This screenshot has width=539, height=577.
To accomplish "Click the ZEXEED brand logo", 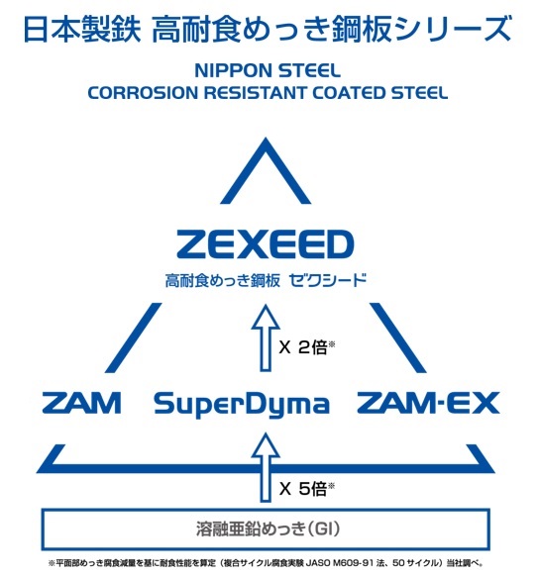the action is (266, 244).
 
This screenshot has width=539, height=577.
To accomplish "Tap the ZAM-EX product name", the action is (428, 403).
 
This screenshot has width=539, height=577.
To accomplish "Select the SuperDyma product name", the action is (242, 405).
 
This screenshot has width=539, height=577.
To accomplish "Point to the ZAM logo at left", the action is (81, 403).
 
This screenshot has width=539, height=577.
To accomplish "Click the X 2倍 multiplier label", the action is (306, 347).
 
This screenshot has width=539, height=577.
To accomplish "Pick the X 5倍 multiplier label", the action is (306, 489).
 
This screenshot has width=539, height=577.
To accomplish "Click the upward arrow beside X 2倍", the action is (266, 337).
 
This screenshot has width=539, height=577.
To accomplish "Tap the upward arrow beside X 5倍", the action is (266, 467).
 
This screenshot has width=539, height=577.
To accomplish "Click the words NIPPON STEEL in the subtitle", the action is (268, 70).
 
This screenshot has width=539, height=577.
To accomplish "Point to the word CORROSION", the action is (143, 93).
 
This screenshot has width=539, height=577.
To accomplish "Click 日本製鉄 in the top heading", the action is (82, 30).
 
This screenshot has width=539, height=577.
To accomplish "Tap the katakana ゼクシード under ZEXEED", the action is (328, 281).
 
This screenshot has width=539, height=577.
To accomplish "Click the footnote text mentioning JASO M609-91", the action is (266, 563).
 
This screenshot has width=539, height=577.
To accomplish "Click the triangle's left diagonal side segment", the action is (133, 337).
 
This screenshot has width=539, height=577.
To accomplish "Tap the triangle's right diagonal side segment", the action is (398, 337).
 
